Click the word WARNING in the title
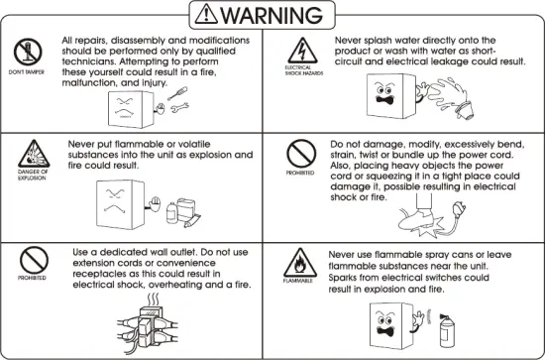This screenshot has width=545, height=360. [288, 16]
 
